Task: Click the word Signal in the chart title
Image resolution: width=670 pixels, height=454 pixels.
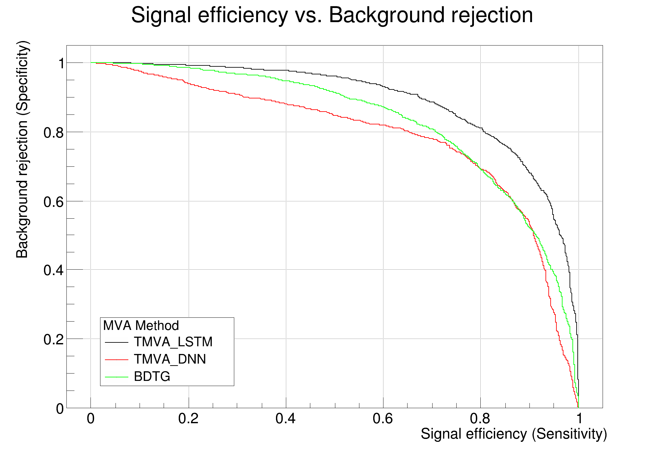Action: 161,15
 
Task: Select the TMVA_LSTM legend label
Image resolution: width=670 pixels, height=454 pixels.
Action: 173,342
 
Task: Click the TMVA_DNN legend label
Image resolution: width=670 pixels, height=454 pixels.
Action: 170,359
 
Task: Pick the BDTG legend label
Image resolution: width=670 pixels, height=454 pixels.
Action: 152,376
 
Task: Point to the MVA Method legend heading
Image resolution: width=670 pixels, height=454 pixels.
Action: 141,326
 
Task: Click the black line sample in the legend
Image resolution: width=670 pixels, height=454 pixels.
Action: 116,342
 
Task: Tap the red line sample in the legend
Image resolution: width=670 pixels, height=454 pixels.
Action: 116,360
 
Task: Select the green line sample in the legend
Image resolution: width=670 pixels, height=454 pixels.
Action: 116,377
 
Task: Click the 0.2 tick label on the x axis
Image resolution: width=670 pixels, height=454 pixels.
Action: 188,419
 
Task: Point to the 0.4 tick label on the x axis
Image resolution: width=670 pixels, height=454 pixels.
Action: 286,419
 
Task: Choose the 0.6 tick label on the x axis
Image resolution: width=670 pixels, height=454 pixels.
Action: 383,419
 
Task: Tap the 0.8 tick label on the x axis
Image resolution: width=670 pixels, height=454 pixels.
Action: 480,419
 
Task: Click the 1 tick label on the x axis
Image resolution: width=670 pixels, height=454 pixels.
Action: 579,419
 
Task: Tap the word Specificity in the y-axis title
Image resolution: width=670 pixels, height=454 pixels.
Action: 22,79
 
